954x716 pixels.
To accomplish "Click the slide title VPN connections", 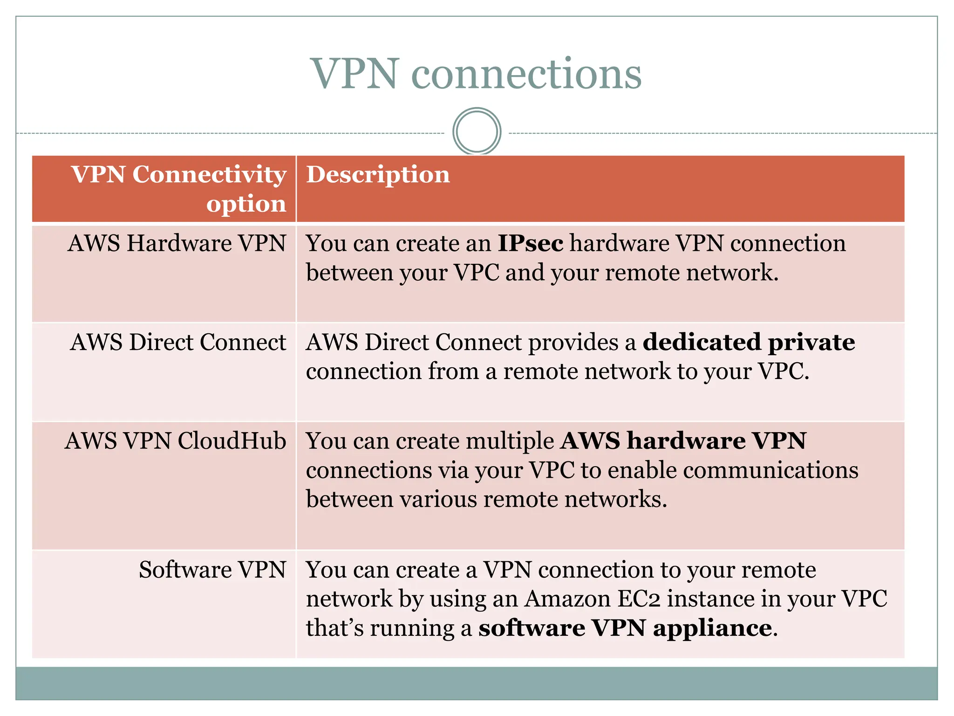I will pos(476,74).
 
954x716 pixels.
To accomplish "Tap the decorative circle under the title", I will pos(477,131).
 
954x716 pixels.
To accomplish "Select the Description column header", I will pos(378,175).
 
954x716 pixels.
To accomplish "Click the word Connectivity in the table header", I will pos(209,175).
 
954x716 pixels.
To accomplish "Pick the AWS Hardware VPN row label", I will pos(177,244).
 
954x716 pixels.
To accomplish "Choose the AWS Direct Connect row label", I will pos(178,343).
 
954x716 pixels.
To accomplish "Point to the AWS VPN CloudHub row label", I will pos(176,441).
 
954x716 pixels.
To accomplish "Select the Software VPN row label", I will pos(212,570).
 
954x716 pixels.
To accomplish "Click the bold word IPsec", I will pos(530,244).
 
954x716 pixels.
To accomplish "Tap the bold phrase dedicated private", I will pos(749,343).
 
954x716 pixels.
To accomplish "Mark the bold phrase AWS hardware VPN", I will pos(683,441).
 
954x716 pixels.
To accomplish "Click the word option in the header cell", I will pos(246,204).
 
